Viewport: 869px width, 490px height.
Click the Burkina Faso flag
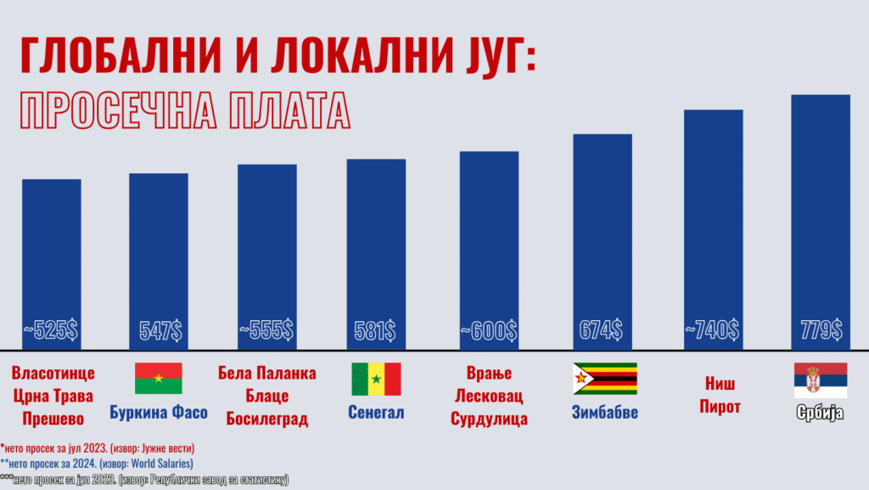click(158, 378)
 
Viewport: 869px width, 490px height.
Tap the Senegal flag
click(376, 379)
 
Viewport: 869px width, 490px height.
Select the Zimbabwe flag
click(605, 379)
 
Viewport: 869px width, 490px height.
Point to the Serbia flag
click(820, 380)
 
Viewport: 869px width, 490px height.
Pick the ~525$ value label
click(51, 330)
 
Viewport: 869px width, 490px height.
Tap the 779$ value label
click(821, 330)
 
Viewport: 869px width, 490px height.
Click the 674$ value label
click(602, 330)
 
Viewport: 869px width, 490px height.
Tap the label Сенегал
click(376, 414)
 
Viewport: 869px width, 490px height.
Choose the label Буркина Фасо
click(159, 414)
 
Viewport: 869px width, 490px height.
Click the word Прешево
click(52, 420)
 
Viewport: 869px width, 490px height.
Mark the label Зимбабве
click(605, 414)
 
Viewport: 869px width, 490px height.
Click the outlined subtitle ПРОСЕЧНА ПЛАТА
click(184, 110)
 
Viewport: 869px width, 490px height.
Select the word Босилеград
click(266, 420)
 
